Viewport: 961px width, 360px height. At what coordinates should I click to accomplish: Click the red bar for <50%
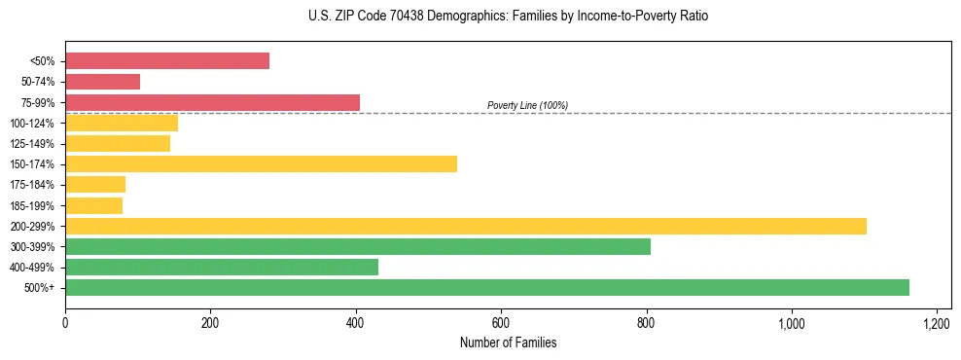pyautogui.click(x=167, y=61)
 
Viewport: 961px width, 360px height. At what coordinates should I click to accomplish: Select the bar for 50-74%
pyautogui.click(x=102, y=82)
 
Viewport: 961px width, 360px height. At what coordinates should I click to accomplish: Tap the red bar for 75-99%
pyautogui.click(x=212, y=102)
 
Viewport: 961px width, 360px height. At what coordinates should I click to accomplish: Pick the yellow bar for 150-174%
pyautogui.click(x=261, y=163)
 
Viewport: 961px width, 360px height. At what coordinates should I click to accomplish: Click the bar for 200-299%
pyautogui.click(x=466, y=226)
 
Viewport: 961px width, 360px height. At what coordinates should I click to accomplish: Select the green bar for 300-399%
pyautogui.click(x=358, y=246)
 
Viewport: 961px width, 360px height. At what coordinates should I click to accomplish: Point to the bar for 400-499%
pyautogui.click(x=222, y=267)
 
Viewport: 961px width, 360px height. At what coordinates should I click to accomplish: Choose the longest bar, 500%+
pyautogui.click(x=487, y=287)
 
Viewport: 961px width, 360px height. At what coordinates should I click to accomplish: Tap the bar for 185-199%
pyautogui.click(x=93, y=205)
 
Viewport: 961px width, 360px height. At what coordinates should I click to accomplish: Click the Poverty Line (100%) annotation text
pyautogui.click(x=527, y=105)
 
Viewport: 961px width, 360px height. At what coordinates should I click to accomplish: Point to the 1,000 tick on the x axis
pyautogui.click(x=791, y=322)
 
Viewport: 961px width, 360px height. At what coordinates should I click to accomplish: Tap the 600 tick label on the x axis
pyautogui.click(x=501, y=322)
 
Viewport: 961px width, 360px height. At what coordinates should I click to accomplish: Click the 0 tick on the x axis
pyautogui.click(x=65, y=322)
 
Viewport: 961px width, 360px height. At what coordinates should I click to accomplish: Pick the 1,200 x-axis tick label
pyautogui.click(x=936, y=322)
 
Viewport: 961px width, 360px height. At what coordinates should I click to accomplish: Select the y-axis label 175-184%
pyautogui.click(x=33, y=185)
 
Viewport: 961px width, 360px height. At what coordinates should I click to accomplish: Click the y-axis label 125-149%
pyautogui.click(x=33, y=144)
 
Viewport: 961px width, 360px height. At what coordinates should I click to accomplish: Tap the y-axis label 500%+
pyautogui.click(x=39, y=288)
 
